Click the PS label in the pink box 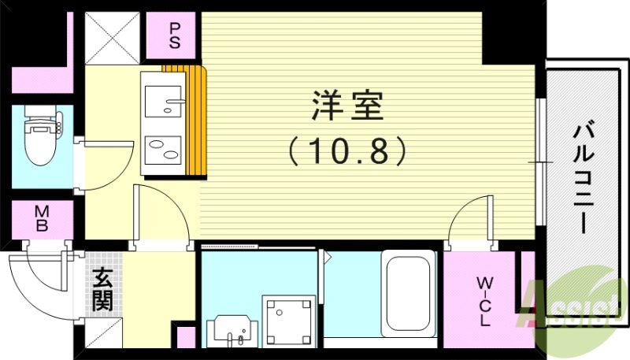[175, 34]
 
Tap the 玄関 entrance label [102, 289]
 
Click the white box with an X [113, 37]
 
